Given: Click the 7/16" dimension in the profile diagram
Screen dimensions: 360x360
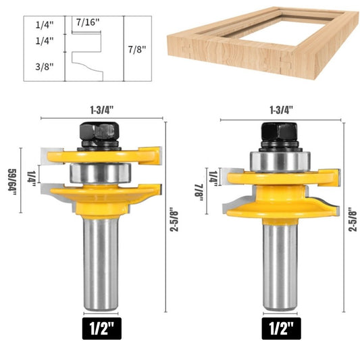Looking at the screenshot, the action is point(88,22).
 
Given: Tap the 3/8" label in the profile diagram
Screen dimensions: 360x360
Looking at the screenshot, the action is point(45,67).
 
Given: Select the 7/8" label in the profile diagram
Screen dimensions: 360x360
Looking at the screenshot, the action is point(137,49).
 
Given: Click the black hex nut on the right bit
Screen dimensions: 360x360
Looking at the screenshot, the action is point(280,134).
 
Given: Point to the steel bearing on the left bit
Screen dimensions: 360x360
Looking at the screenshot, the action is point(101,173).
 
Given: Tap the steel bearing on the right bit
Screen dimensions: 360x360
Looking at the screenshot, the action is point(280,161).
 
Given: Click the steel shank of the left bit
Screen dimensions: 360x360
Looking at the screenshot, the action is point(101,264).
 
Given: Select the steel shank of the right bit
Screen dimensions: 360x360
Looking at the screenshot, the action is point(280,267).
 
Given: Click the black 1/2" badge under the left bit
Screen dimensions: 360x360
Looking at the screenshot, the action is point(102,328).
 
